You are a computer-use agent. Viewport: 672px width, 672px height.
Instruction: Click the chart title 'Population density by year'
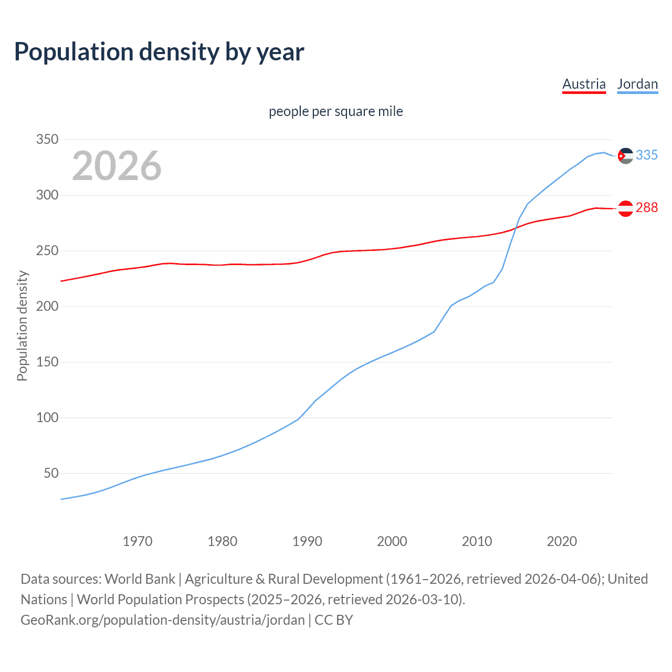pos(159,52)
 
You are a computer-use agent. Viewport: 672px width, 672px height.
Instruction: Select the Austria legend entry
pos(584,84)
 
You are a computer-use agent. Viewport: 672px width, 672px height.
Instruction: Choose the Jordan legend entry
pos(637,84)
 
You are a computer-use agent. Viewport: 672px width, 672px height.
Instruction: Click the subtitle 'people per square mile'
pos(335,111)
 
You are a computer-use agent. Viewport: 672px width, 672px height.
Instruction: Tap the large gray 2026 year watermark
pos(117,166)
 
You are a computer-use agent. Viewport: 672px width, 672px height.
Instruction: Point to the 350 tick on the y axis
pos(47,140)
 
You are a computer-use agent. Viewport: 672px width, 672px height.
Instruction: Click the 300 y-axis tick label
pos(47,195)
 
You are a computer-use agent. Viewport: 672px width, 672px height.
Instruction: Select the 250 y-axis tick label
pos(47,251)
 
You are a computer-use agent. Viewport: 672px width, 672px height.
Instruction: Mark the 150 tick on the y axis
pos(47,362)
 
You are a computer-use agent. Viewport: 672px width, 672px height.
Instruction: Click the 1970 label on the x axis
pos(138,541)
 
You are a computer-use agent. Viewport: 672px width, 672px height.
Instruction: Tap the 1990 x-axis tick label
pos(307,541)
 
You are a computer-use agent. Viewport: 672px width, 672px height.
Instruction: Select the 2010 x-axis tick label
pos(477,541)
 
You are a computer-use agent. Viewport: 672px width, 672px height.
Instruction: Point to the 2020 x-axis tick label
pos(562,541)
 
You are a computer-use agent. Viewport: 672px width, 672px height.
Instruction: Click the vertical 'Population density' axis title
pos(22,325)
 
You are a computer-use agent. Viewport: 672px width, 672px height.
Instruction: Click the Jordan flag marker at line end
pos(625,155)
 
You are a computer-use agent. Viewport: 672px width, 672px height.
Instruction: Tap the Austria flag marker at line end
pos(625,208)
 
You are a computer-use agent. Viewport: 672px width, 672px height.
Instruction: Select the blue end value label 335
pos(647,155)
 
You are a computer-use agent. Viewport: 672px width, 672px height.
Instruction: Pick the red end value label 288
pos(647,208)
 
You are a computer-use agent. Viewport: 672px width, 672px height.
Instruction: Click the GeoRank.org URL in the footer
pos(163,620)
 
